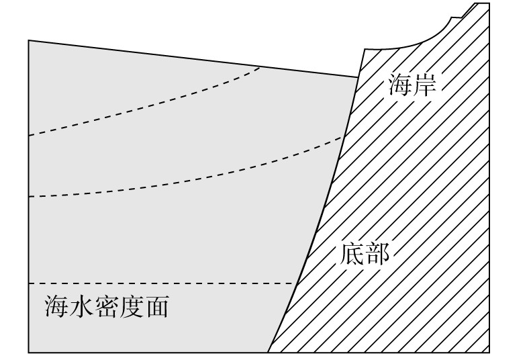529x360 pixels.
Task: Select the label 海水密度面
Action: point(106,307)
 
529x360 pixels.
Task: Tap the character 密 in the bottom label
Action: point(106,307)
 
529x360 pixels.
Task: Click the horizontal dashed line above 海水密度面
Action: point(161,283)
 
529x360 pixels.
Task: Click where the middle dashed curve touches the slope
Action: point(342,136)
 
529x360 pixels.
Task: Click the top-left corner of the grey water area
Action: point(29,41)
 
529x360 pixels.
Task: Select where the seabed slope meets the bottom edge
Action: point(268,351)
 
